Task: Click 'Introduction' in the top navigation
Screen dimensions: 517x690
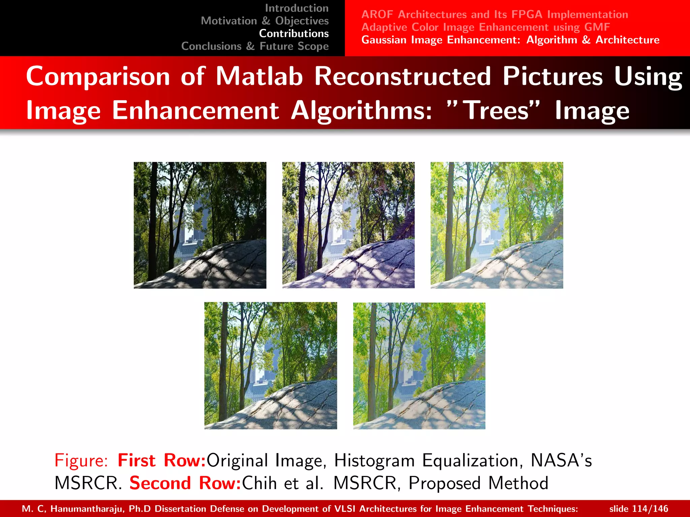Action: point(296,8)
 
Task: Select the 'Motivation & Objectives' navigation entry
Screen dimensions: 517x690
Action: point(264,21)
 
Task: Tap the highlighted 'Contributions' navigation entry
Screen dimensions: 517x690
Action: point(294,33)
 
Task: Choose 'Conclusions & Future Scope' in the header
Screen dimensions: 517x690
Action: point(255,46)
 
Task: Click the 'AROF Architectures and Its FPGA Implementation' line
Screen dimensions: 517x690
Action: point(495,14)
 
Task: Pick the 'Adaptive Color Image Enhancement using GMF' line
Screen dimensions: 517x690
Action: point(485,27)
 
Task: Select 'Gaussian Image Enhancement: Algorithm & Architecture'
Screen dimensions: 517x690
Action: point(510,40)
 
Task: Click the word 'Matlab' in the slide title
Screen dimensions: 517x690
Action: point(259,76)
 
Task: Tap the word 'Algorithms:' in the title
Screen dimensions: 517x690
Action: point(361,110)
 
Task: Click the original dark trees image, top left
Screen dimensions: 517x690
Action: point(200,225)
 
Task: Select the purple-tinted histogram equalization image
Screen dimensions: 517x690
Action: point(348,225)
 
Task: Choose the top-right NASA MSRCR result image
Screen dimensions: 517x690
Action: point(497,225)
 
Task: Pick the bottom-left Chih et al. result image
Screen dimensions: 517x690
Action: point(271,366)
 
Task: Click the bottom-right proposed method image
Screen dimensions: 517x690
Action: point(419,366)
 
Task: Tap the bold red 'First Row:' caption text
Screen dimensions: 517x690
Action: point(162,460)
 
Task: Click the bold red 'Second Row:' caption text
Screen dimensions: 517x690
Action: point(185,483)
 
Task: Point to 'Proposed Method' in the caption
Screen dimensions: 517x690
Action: point(478,483)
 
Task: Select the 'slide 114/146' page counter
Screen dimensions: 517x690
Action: point(638,509)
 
